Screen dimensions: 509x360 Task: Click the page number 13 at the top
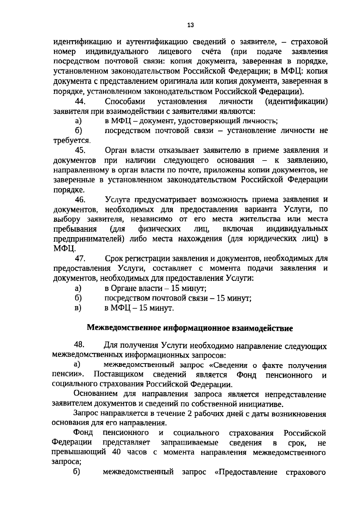[x=190, y=25]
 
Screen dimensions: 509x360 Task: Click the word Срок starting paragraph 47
[x=114, y=258]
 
